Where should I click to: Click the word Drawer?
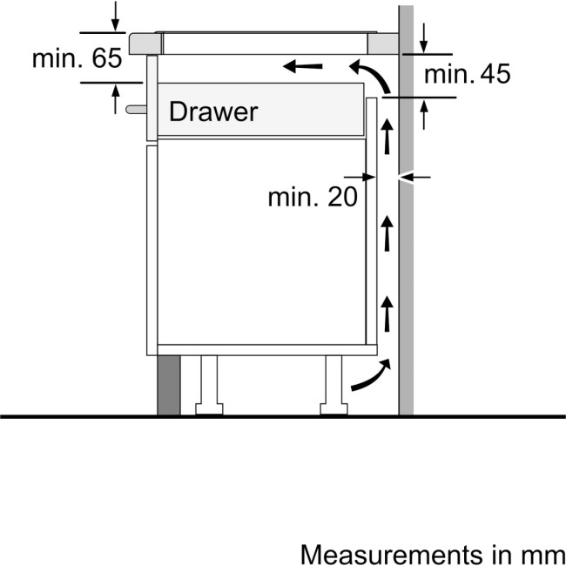click(213, 111)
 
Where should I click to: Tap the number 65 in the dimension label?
click(107, 58)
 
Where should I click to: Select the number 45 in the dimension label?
click(495, 74)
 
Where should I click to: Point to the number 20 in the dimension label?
click(342, 197)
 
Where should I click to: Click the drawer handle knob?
click(136, 110)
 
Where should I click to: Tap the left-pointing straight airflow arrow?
click(302, 66)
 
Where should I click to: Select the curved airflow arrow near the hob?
click(372, 75)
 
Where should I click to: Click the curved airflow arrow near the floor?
click(372, 375)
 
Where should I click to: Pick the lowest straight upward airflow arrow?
click(387, 313)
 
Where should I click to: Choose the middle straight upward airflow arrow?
click(387, 233)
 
